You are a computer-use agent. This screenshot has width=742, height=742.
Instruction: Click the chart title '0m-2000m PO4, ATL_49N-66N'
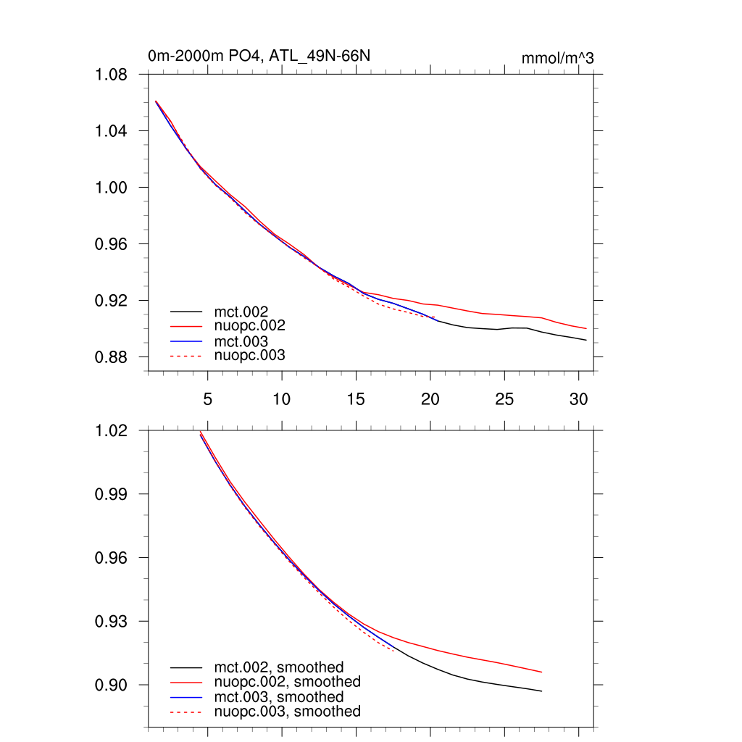259,56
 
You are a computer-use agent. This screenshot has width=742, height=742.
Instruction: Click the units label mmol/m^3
557,58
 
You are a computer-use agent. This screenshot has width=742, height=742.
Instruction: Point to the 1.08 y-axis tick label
112,75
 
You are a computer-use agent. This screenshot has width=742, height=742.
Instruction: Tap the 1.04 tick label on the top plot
112,131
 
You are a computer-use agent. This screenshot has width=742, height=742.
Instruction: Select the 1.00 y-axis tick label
112,188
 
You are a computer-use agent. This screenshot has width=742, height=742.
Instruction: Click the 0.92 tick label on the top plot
112,301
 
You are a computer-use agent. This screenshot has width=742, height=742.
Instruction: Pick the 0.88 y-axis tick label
112,357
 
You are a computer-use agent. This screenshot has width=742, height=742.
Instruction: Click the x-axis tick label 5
207,399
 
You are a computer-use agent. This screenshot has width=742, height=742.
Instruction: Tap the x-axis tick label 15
356,399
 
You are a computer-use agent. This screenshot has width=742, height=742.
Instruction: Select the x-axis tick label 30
578,399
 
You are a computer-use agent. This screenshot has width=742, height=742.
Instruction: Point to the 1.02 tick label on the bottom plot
112,430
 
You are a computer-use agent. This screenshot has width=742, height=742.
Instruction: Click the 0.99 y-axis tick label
112,494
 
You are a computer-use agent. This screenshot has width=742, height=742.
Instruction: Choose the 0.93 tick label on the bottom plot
112,622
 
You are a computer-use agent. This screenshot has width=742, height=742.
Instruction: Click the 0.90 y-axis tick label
112,685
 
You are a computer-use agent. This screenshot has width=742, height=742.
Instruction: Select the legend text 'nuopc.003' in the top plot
250,355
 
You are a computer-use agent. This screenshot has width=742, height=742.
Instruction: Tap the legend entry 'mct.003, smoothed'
279,696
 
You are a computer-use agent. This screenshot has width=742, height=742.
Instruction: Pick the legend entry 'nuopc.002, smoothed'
288,682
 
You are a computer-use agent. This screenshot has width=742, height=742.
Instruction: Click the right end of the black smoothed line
541,691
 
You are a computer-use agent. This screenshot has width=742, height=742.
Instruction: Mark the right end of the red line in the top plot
585,329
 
